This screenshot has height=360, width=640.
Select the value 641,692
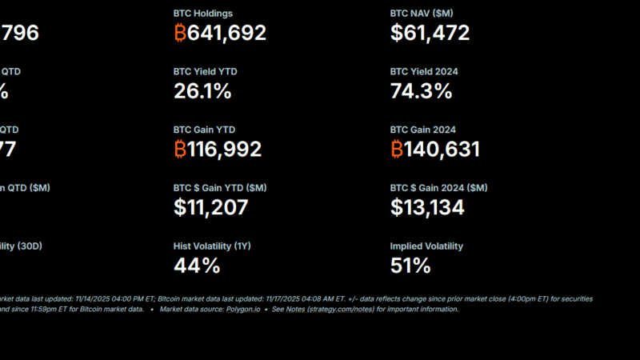pos(227,33)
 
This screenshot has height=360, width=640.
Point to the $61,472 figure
pos(430,33)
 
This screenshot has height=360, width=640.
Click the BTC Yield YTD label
pos(205,71)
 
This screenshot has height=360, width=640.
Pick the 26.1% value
pos(202,91)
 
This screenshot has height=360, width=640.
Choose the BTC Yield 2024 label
pos(424,71)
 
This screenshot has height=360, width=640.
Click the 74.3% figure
pos(421,91)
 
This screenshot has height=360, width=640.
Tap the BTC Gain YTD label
pos(204,130)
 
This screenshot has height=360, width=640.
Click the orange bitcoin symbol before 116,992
pos(180,149)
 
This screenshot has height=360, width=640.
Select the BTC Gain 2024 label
pos(423,130)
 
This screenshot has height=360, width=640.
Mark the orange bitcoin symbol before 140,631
pos(397,149)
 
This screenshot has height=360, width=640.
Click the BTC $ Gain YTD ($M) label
pos(220,187)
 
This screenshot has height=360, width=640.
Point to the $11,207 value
pos(210,207)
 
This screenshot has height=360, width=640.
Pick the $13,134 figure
pos(427,207)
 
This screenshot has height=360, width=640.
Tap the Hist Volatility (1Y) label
pos(212,246)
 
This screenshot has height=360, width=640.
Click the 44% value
pos(196,266)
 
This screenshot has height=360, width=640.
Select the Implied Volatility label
pos(426,246)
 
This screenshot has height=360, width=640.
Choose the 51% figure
pos(410,266)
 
